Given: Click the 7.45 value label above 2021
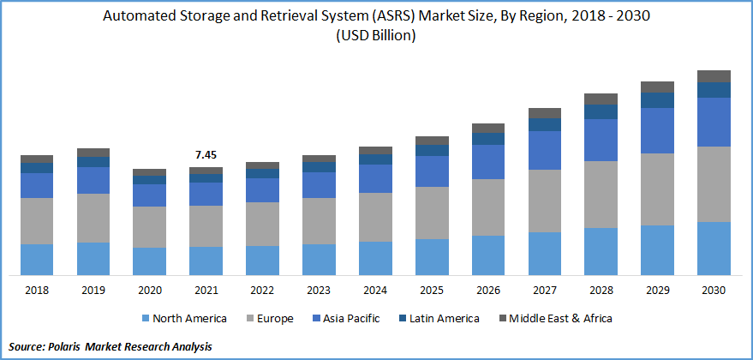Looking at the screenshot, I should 206,155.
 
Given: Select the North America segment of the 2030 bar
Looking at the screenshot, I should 714,248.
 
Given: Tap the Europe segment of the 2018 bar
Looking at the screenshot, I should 37,221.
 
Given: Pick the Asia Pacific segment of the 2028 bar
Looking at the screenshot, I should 601,140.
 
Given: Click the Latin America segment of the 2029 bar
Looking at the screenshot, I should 657,99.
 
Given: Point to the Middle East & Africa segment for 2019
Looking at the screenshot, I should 93,153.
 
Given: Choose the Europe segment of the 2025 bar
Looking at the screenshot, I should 432,213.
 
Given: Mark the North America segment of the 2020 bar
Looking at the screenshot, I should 150,261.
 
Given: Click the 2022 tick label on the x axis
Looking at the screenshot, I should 262,291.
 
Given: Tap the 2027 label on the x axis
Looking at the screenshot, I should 544,291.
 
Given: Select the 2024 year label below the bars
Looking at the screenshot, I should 375,291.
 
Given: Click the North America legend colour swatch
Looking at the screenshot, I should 145,319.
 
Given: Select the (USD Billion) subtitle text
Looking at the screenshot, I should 376,35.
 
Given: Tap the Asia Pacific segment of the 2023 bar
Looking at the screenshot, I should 319,185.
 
